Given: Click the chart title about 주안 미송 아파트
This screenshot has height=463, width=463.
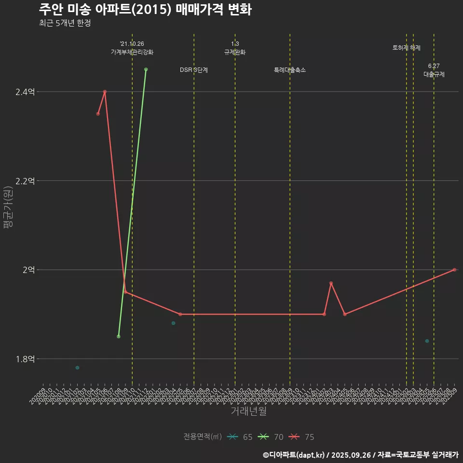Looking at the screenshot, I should click(x=145, y=10).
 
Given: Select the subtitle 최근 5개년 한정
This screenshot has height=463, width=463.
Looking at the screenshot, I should click(x=65, y=23).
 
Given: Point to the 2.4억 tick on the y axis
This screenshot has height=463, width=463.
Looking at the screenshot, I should click(x=25, y=92).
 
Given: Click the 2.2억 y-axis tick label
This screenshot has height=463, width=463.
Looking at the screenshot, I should click(x=25, y=181).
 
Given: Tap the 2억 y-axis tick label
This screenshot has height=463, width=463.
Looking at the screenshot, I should click(x=28, y=270).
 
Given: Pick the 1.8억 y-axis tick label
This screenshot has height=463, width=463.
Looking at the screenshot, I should click(x=25, y=359).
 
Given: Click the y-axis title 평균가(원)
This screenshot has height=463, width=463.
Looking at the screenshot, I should click(x=9, y=208).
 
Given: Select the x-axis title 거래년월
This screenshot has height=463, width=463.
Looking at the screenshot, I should click(x=248, y=411).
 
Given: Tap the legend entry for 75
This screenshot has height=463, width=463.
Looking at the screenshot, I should click(x=302, y=437).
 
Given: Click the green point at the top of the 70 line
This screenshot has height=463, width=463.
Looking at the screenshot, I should click(x=146, y=69).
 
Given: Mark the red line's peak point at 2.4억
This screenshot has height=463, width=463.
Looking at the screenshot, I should click(x=105, y=92).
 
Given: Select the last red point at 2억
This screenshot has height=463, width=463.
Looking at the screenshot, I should click(x=454, y=270).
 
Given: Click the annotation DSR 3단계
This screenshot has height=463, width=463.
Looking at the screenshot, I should click(x=194, y=70).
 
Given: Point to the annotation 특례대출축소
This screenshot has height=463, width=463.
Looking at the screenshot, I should click(x=290, y=70).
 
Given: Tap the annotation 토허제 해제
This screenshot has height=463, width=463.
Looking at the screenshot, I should click(x=407, y=48).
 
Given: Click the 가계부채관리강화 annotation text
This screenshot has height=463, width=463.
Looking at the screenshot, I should click(x=132, y=52).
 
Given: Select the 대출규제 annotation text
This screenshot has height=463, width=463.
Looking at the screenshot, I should click(x=434, y=74).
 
